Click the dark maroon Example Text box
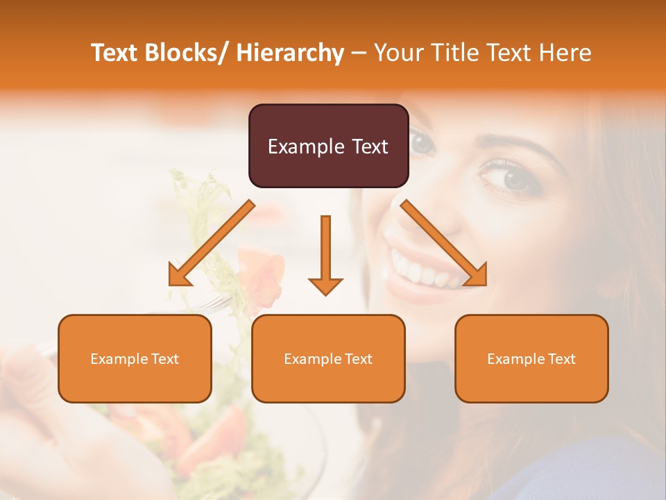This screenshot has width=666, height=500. [x=328, y=146]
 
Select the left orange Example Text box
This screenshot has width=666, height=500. [x=135, y=358]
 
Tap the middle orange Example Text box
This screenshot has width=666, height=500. [x=328, y=358]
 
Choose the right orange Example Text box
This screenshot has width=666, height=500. [x=531, y=358]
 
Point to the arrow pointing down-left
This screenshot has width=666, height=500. [x=211, y=244]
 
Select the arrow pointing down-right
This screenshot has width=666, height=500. [x=444, y=243]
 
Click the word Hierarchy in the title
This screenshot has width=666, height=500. [x=290, y=53]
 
